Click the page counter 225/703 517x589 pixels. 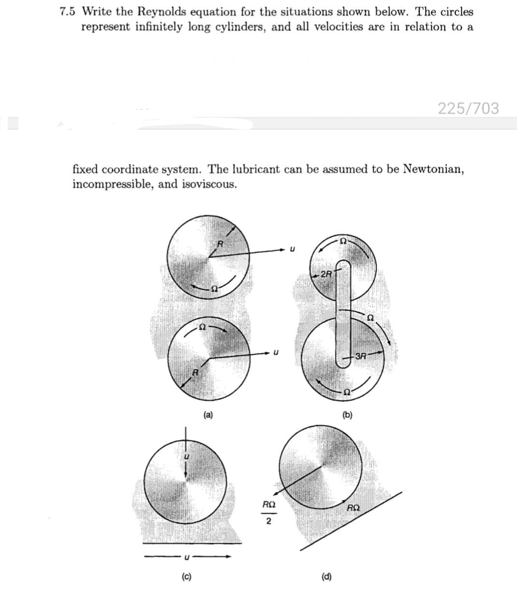[x=468, y=108]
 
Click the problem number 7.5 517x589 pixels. [x=69, y=12]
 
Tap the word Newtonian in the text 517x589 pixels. [x=433, y=169]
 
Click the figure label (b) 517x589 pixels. [x=347, y=414]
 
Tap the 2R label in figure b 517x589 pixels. [x=326, y=274]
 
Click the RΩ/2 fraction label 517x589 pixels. [x=268, y=513]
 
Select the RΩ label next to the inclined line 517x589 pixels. [x=353, y=507]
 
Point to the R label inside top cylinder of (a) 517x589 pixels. [x=218, y=244]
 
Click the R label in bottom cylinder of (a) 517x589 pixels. [x=195, y=372]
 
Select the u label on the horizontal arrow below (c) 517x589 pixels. [x=185, y=558]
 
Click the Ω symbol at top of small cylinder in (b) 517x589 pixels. [x=343, y=240]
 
